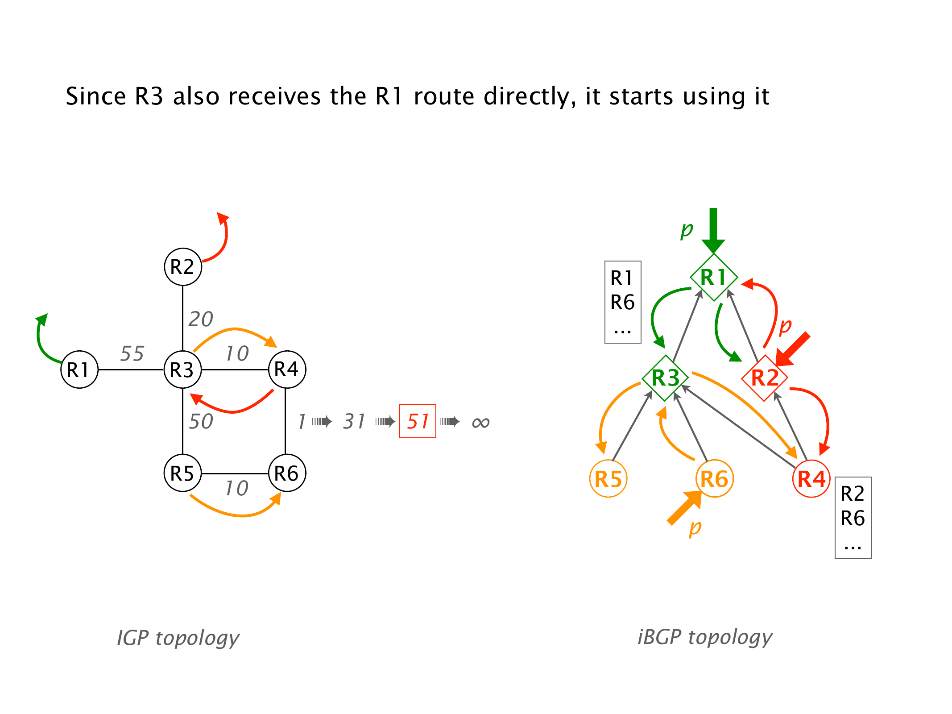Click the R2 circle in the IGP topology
click(x=183, y=267)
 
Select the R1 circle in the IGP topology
click(x=79, y=369)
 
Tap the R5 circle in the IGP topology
click(x=183, y=473)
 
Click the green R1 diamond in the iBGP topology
click(x=713, y=277)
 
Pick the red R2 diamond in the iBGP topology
click(x=765, y=378)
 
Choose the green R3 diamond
click(x=665, y=378)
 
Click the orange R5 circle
click(x=608, y=479)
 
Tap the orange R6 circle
click(x=714, y=479)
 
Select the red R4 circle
click(x=811, y=479)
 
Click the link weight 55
click(x=132, y=353)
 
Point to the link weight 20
click(x=201, y=319)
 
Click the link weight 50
click(x=201, y=421)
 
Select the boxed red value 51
click(x=418, y=421)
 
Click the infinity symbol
click(x=480, y=422)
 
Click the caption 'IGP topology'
click(x=178, y=638)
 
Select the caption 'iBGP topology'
click(x=705, y=637)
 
